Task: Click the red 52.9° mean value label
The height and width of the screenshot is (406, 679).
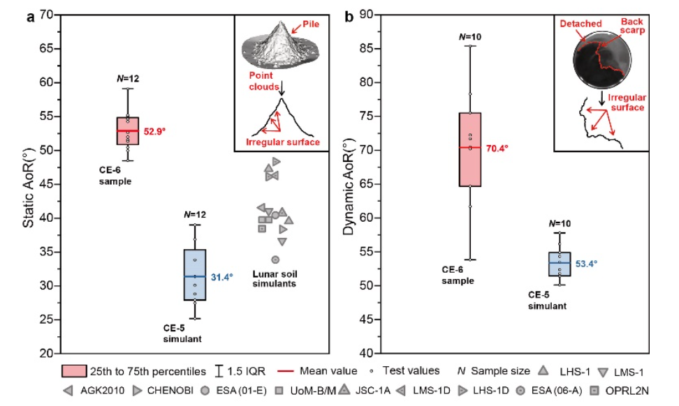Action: coord(157,130)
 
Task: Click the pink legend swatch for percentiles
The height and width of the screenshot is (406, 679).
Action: coord(75,370)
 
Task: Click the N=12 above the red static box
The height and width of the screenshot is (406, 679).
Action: coord(128,78)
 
